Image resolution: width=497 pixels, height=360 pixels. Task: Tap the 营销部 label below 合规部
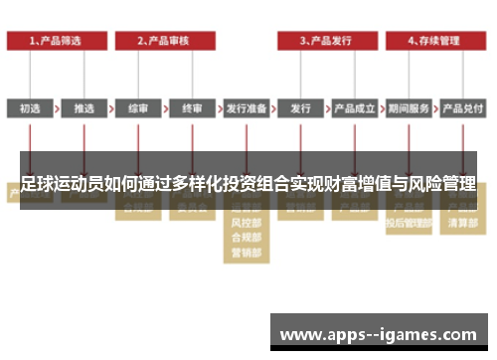[x=247, y=253]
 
